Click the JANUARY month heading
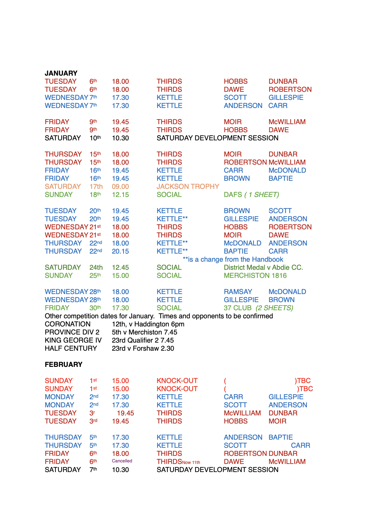tap(61, 73)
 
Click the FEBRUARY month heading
tap(63, 364)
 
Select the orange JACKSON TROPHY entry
tap(188, 186)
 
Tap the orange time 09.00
tap(120, 186)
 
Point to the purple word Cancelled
tap(122, 461)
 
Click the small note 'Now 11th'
tap(191, 462)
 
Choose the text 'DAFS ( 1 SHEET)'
tap(251, 194)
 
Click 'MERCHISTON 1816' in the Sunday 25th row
tap(255, 275)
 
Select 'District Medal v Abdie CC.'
tap(263, 267)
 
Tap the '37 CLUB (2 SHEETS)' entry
tap(258, 308)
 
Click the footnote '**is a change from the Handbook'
tap(233, 259)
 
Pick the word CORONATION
tap(67, 324)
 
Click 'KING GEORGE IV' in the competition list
tap(73, 340)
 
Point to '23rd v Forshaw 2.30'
tap(143, 348)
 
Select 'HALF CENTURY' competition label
tap(71, 348)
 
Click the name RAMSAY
tap(238, 292)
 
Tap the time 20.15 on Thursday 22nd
tap(120, 251)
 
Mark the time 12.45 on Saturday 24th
tap(120, 267)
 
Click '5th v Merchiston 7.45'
tap(144, 332)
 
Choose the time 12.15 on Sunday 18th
tap(120, 194)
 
